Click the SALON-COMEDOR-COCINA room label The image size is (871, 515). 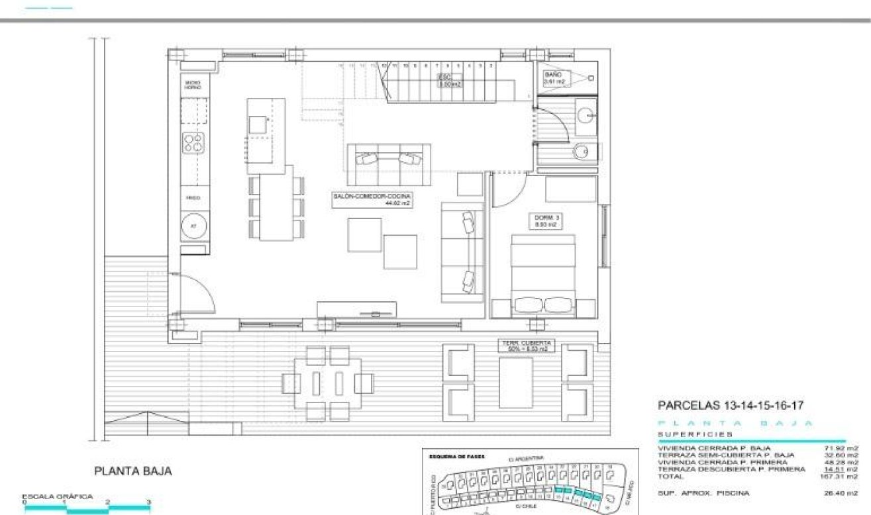372,200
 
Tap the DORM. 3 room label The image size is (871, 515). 544,221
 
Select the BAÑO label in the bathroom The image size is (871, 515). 553,78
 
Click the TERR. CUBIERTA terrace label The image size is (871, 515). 527,346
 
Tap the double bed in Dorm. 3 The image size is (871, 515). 543,275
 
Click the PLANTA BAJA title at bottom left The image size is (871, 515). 133,471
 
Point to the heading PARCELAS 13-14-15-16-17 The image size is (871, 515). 731,405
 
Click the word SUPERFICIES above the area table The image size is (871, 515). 695,434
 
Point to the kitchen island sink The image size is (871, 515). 258,124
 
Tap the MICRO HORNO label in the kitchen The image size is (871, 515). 193,85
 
